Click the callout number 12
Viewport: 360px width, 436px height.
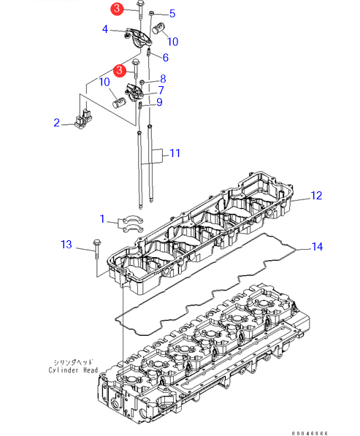[x=316, y=196]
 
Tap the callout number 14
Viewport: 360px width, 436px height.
[x=317, y=247]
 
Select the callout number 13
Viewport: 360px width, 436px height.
[x=66, y=245]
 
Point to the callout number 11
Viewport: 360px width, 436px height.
[x=175, y=153]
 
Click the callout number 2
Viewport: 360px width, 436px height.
[x=57, y=123]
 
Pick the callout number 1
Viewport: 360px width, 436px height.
[x=102, y=219]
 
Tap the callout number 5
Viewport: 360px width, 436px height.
[x=172, y=13]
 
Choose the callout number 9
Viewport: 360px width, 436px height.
[x=159, y=102]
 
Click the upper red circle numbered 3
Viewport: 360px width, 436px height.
[x=117, y=9]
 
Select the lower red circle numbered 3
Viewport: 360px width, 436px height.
[x=120, y=70]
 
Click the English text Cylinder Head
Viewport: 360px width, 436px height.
[x=73, y=370]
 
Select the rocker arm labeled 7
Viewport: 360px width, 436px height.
[x=134, y=92]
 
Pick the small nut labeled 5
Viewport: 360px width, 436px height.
[x=152, y=13]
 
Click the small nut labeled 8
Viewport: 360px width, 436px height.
[x=142, y=82]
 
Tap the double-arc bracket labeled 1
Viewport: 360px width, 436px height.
[x=131, y=225]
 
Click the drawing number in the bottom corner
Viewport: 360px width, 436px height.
[x=310, y=433]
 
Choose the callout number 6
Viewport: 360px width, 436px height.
[x=166, y=58]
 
